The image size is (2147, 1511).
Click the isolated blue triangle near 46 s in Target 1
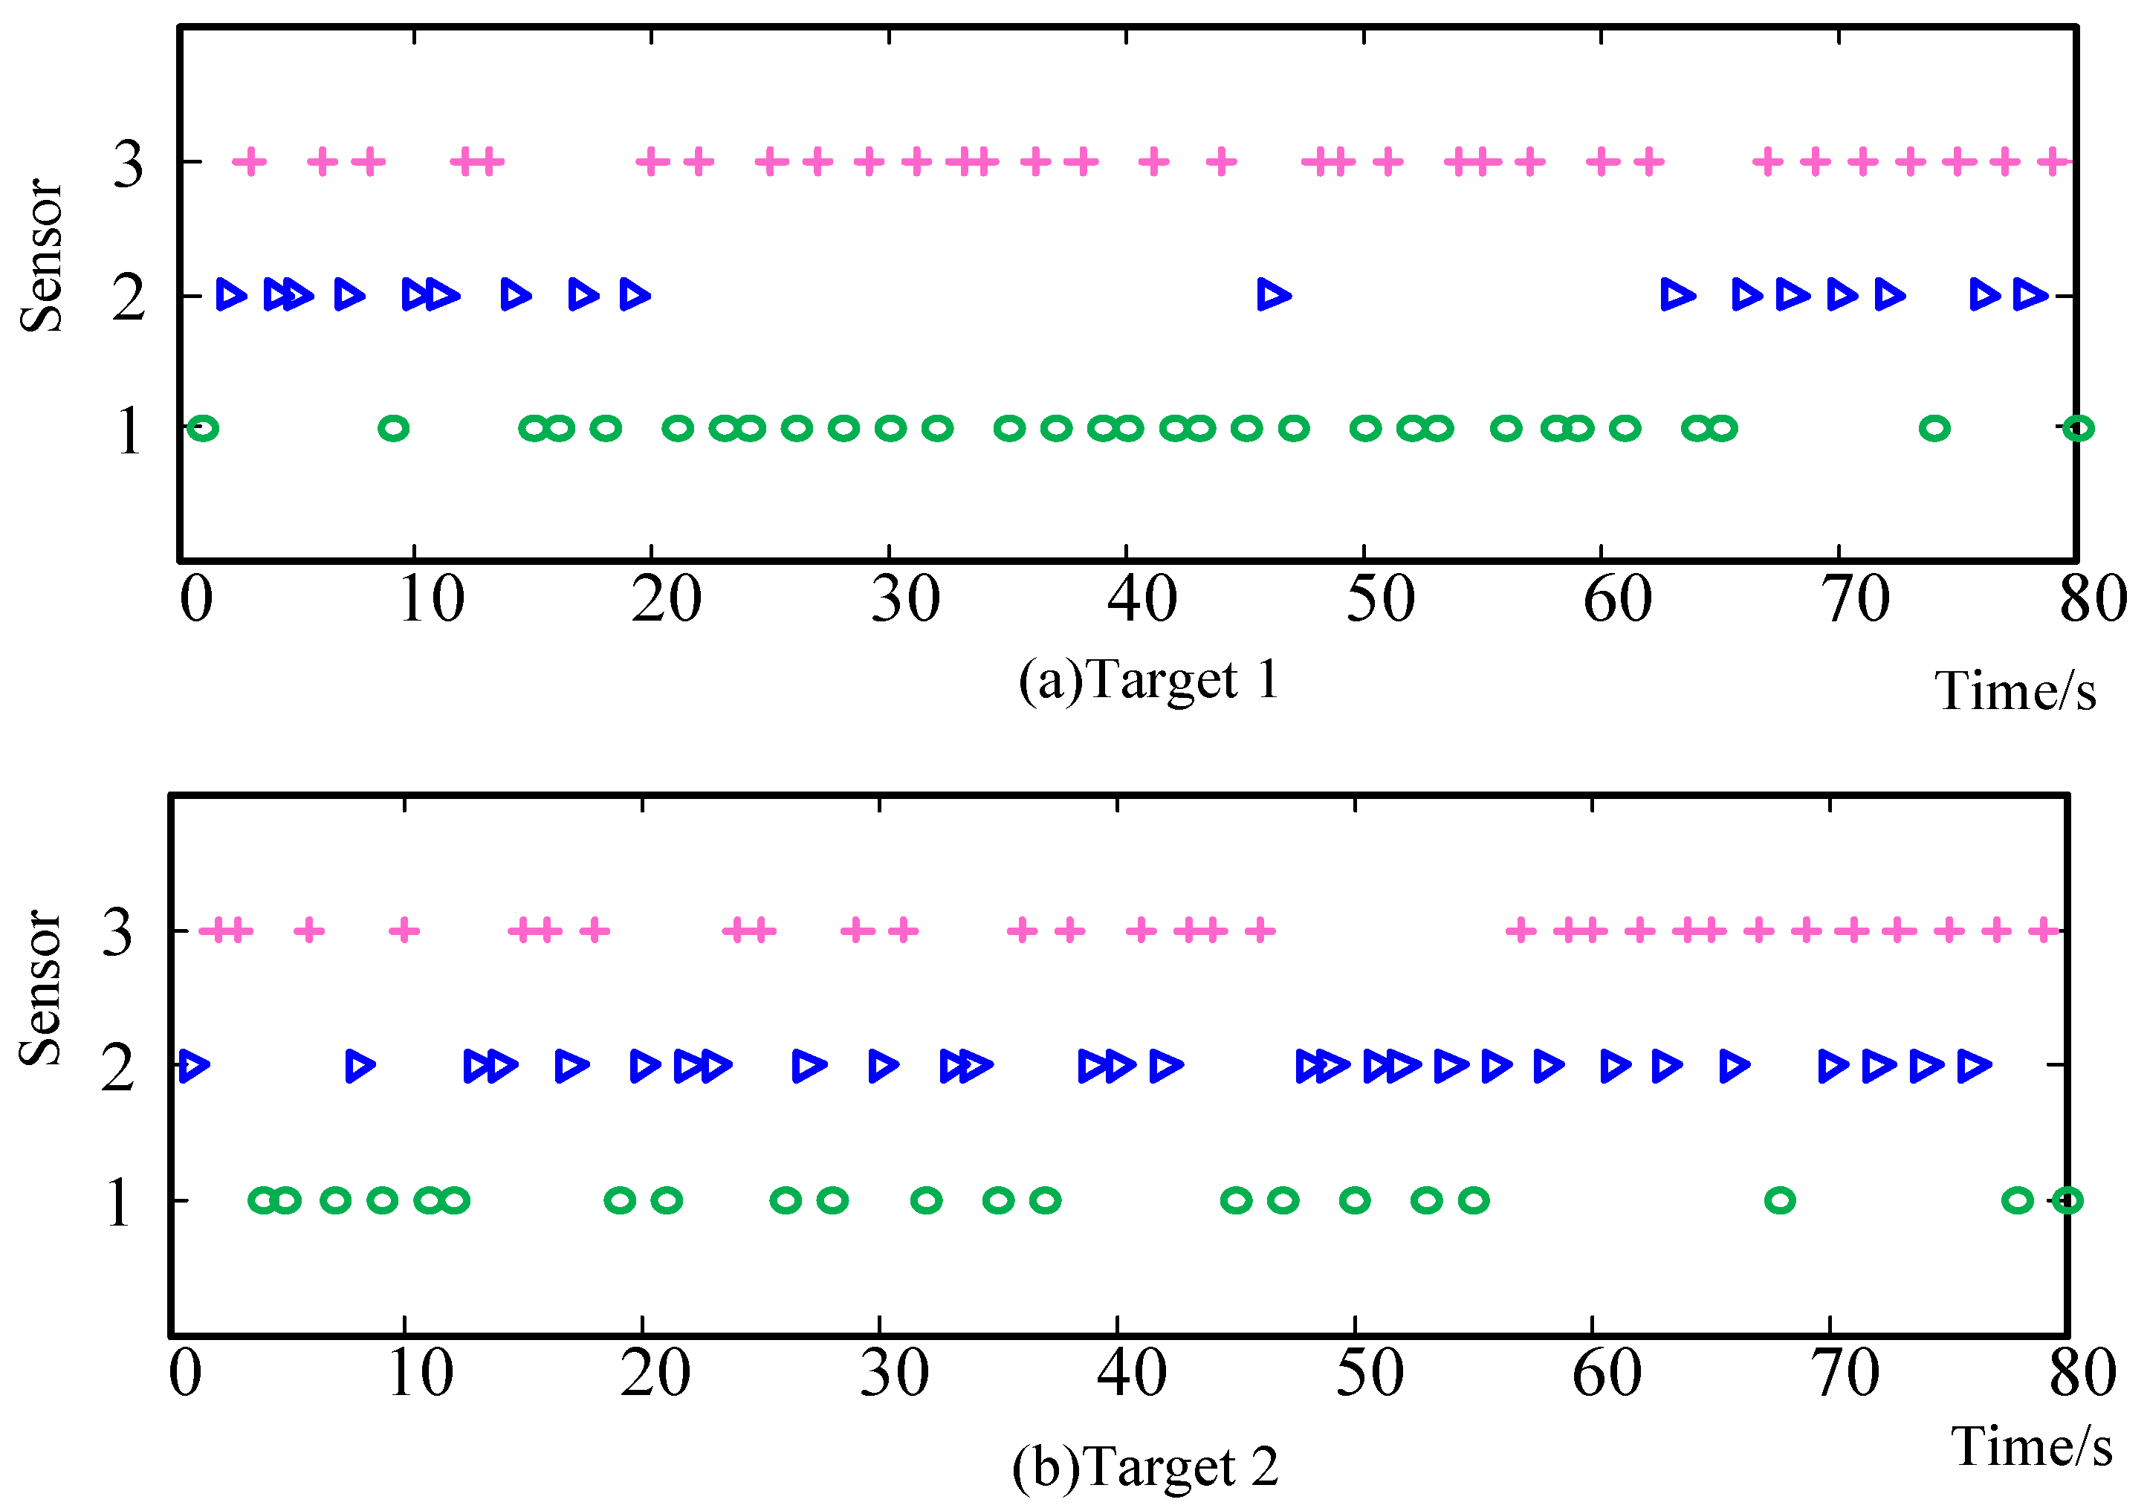(x=1273, y=296)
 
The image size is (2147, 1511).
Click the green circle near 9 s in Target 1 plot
(x=394, y=429)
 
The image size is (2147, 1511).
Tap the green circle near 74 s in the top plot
(x=1934, y=429)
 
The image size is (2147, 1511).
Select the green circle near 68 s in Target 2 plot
(x=1779, y=1200)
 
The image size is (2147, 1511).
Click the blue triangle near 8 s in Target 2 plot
(x=360, y=1065)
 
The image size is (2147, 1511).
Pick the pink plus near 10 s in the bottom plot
(x=404, y=931)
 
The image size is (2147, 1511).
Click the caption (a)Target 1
(x=1148, y=680)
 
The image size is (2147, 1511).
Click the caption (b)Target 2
(x=1144, y=1467)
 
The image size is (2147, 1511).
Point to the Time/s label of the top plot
(x=2015, y=692)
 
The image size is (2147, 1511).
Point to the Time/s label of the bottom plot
(x=2031, y=1446)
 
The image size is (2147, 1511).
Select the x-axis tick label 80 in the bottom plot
(x=2082, y=1374)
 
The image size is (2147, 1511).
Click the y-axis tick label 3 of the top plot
(x=128, y=164)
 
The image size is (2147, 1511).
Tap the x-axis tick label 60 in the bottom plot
(x=1607, y=1374)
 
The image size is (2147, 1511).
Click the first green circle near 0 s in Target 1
(x=203, y=429)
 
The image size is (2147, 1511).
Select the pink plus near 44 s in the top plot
(x=1220, y=163)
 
